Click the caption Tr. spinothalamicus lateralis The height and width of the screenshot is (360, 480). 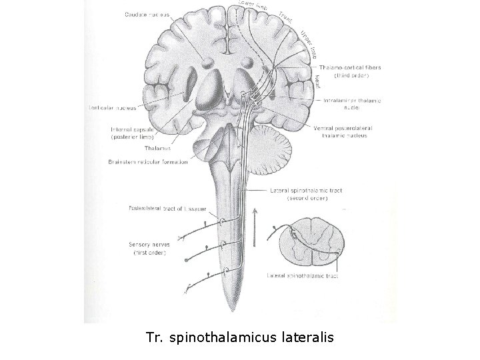pos(239,338)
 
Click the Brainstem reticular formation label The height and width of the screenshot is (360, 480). pos(147,161)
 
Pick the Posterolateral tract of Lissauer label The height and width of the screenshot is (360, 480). pos(168,208)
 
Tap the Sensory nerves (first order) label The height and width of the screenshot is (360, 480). pos(149,249)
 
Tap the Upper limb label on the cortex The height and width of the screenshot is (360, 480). pos(308,43)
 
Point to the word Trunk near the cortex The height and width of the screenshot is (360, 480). pos(285,16)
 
